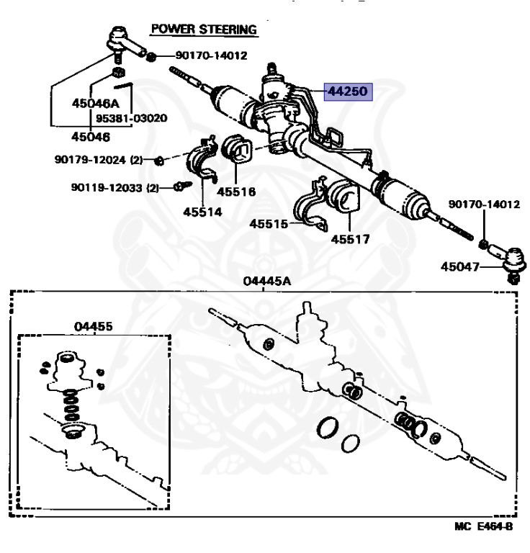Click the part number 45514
(202, 212)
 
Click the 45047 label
(459, 267)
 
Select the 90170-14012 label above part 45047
(483, 205)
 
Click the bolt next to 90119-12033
(181, 186)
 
